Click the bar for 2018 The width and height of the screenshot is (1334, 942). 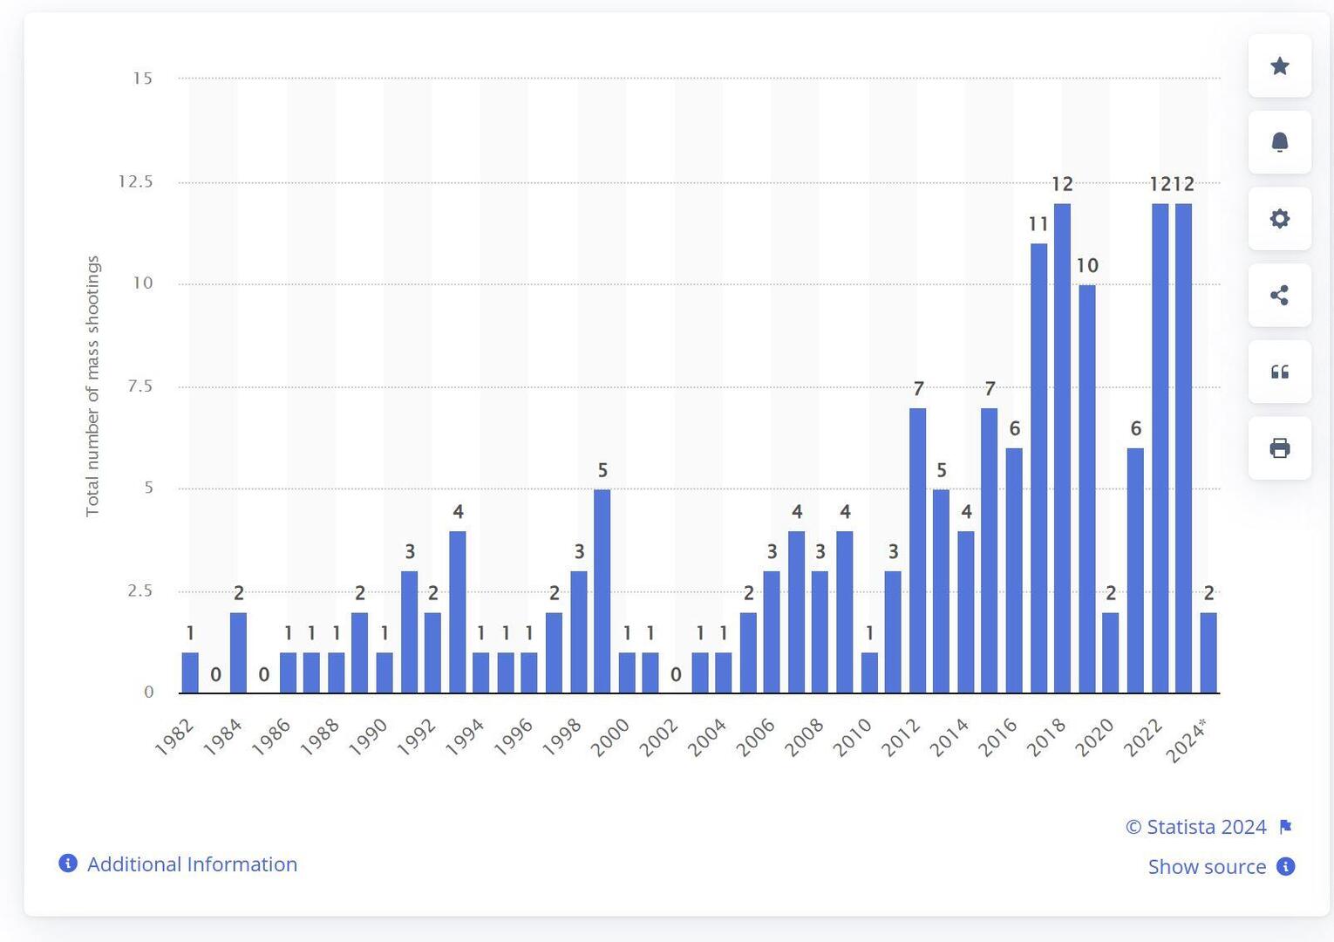(x=1062, y=448)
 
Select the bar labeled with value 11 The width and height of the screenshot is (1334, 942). (x=1038, y=468)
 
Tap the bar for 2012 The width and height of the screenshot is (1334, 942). (x=917, y=550)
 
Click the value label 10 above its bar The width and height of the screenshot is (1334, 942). (x=1086, y=265)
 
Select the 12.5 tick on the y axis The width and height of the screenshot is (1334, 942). (x=135, y=181)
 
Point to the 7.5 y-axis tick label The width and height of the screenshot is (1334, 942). (x=140, y=386)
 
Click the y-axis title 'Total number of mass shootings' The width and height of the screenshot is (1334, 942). (x=92, y=386)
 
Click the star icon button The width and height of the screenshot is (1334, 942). (x=1279, y=66)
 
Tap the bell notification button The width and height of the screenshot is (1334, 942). (x=1279, y=142)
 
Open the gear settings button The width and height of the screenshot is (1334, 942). (x=1279, y=219)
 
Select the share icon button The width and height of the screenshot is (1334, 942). (x=1279, y=296)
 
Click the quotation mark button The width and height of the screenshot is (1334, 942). (x=1279, y=372)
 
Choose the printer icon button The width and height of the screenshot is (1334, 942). (x=1279, y=448)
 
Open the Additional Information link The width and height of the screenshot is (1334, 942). (x=192, y=864)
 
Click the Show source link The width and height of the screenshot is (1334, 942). (x=1207, y=867)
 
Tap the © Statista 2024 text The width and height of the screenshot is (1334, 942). (x=1195, y=827)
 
